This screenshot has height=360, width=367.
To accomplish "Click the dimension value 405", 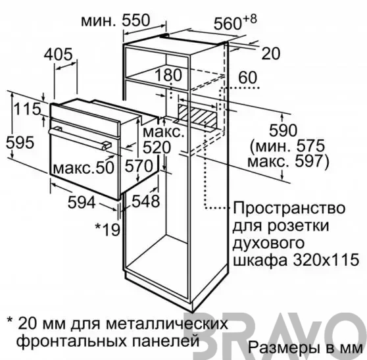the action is pos(59,55).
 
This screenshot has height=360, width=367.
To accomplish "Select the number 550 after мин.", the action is pos(135,20).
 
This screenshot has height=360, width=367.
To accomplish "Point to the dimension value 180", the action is pos(168,75).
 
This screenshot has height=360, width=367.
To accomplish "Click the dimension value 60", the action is pos(248,78).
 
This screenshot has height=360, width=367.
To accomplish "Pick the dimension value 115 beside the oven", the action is pos(27,109).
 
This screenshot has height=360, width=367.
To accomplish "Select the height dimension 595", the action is pos(20,142).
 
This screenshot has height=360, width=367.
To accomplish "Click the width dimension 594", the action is pos(82,202).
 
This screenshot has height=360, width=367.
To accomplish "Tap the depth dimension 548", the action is pos(146,201).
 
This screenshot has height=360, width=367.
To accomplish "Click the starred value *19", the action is pos(107,230).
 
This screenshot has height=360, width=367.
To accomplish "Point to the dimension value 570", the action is pos(139,166).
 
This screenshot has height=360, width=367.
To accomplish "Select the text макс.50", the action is pos(84,167).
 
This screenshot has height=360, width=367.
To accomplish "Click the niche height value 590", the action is pos(283,130).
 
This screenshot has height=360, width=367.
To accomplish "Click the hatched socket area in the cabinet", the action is pos(197,117).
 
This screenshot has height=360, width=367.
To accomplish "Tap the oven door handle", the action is pos(80,138).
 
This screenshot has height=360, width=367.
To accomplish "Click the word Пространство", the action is pos(289,208).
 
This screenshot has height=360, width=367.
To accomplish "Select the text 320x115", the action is pos(326,259).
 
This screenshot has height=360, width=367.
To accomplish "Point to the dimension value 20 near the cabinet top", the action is pos(271,53).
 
